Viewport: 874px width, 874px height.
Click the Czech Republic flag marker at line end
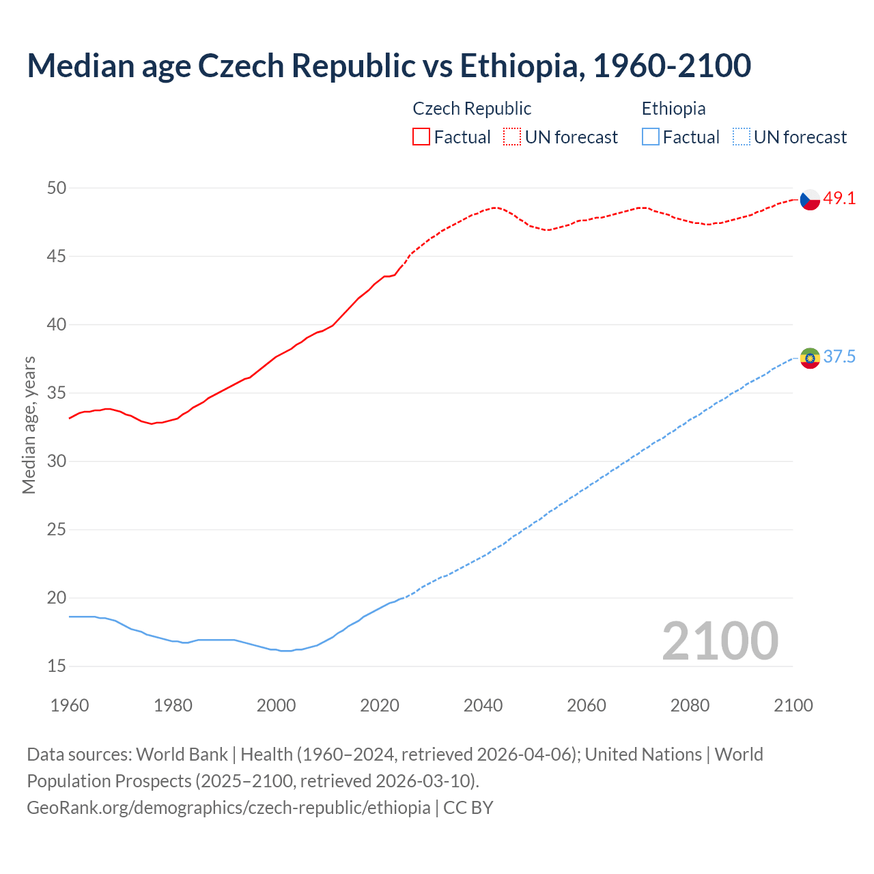click(x=810, y=199)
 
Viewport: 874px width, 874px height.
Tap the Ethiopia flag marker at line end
click(x=810, y=358)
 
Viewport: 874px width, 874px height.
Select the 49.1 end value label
click(x=839, y=199)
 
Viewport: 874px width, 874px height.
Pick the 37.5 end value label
click(x=839, y=357)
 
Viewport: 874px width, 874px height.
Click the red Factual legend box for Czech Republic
click(x=421, y=137)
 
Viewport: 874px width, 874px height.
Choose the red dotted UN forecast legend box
click(x=512, y=137)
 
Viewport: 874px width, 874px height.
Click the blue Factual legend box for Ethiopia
click(x=651, y=137)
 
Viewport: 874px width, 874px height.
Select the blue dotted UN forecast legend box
click(x=742, y=137)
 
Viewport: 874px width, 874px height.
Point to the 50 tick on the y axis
click(x=57, y=188)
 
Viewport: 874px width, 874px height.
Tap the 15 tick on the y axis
click(x=57, y=666)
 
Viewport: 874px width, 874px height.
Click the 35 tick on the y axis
click(x=57, y=393)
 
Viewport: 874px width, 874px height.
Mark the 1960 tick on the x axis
click(x=70, y=705)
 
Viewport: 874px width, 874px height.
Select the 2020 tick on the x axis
click(x=380, y=705)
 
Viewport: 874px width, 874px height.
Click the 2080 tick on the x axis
click(x=690, y=705)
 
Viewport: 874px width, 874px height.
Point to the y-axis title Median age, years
click(x=29, y=425)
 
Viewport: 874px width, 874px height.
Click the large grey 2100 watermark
click(x=720, y=640)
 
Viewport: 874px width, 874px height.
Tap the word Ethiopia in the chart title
click(x=522, y=66)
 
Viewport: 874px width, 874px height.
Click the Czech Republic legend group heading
click(x=472, y=109)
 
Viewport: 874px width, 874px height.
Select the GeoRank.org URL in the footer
click(x=229, y=808)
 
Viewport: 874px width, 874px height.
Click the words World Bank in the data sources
click(x=182, y=755)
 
